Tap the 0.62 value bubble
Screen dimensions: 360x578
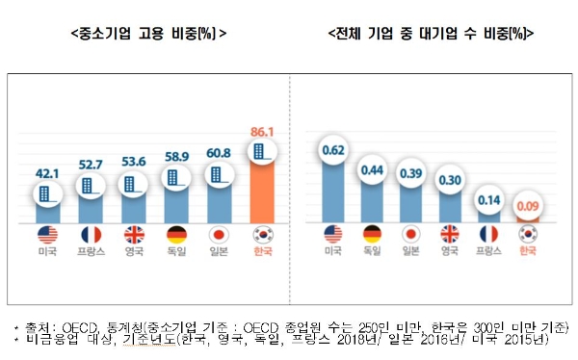pos(332,149)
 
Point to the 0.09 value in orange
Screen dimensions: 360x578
pos(525,205)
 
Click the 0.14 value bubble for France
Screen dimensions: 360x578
pos(488,200)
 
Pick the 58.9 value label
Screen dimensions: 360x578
pos(174,154)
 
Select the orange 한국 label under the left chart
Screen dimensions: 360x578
pos(262,252)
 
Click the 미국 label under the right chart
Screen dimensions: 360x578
pos(332,252)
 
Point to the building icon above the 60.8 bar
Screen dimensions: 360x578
pos(219,177)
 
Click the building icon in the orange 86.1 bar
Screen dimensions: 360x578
pos(262,151)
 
